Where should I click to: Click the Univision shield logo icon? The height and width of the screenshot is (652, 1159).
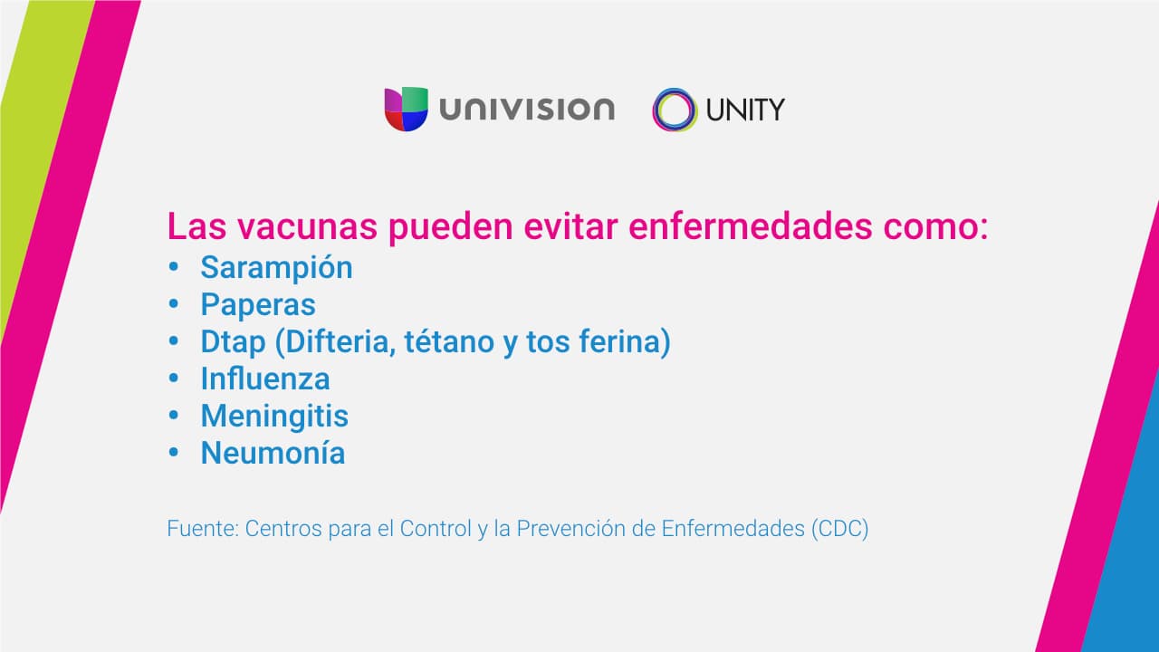click(x=407, y=110)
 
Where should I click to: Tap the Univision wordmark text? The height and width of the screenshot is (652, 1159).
click(x=527, y=109)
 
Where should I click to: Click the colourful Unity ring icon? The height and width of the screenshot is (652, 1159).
click(x=675, y=110)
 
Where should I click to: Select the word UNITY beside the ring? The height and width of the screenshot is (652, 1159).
click(x=745, y=110)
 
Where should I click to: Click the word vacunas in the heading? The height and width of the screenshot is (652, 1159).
click(x=307, y=226)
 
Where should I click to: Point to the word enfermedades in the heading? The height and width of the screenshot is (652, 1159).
click(x=751, y=226)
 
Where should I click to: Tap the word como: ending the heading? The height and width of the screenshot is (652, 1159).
click(x=935, y=226)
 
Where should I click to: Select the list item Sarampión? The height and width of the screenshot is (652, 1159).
click(x=276, y=268)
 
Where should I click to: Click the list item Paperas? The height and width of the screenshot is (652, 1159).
click(x=258, y=304)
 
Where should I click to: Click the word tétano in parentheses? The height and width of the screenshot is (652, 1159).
click(x=449, y=341)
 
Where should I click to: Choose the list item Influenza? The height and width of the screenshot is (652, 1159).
click(x=265, y=379)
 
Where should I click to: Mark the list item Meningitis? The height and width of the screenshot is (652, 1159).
click(x=274, y=417)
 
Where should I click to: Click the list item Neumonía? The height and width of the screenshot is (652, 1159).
click(x=273, y=454)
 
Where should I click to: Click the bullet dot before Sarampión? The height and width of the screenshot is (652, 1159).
click(x=173, y=267)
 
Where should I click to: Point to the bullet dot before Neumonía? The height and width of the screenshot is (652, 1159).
click(x=173, y=453)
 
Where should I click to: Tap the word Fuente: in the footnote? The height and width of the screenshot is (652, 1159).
click(x=203, y=529)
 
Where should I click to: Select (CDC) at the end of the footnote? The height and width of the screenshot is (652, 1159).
click(x=839, y=529)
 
